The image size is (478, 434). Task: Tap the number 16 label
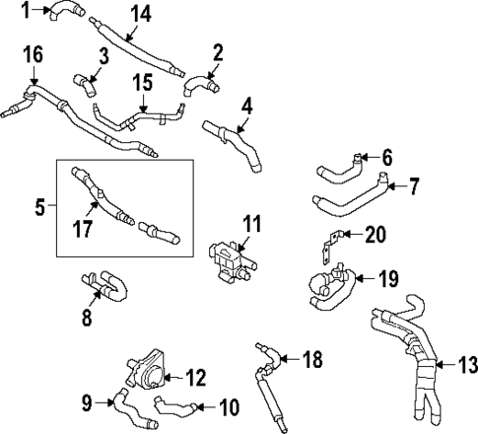pos(33,54)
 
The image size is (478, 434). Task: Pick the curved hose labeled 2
pos(200,86)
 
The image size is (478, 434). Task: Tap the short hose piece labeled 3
pos(85,84)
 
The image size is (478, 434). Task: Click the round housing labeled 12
pos(141,376)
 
